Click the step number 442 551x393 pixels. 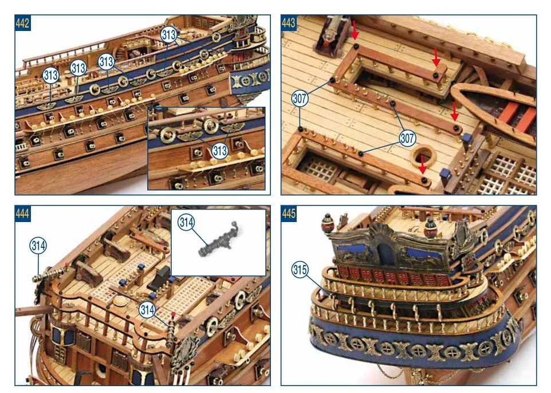pyautogui.click(x=22, y=23)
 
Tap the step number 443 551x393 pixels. pyautogui.click(x=289, y=23)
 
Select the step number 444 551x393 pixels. pyautogui.click(x=22, y=213)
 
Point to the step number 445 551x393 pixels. pyautogui.click(x=289, y=213)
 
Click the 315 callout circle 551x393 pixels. pyautogui.click(x=300, y=270)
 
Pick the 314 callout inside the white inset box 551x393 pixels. pyautogui.click(x=186, y=223)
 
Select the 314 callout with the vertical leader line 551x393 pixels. pyautogui.click(x=38, y=246)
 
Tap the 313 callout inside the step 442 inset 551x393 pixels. pyautogui.click(x=220, y=151)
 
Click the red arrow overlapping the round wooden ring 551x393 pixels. pyautogui.click(x=422, y=164)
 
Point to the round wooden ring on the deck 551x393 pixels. pyautogui.click(x=423, y=157)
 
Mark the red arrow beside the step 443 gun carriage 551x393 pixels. pyautogui.click(x=355, y=30)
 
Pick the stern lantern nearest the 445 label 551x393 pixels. pyautogui.click(x=328, y=223)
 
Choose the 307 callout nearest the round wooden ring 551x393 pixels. pyautogui.click(x=407, y=138)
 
